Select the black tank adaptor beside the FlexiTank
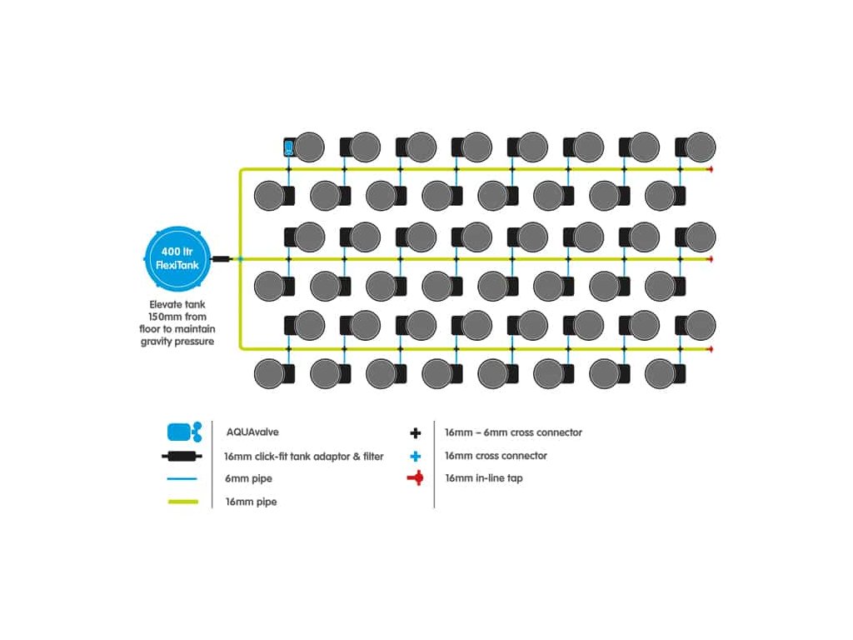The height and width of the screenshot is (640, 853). point(221,259)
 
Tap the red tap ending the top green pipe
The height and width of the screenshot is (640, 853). point(710,169)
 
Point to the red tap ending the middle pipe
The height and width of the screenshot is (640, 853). point(710,259)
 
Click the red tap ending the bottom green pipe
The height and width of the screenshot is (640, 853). point(710,348)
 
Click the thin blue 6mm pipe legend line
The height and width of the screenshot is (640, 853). point(182,479)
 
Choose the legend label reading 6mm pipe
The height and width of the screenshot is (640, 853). point(248,479)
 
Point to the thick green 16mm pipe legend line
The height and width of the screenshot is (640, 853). point(182,502)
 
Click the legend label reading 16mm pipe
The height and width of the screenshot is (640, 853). point(251,502)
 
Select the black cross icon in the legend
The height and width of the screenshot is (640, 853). point(416,433)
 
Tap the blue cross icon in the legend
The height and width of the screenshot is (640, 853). point(416,457)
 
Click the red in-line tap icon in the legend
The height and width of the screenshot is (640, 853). point(416,479)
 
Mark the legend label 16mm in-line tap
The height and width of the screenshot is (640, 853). point(484,479)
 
